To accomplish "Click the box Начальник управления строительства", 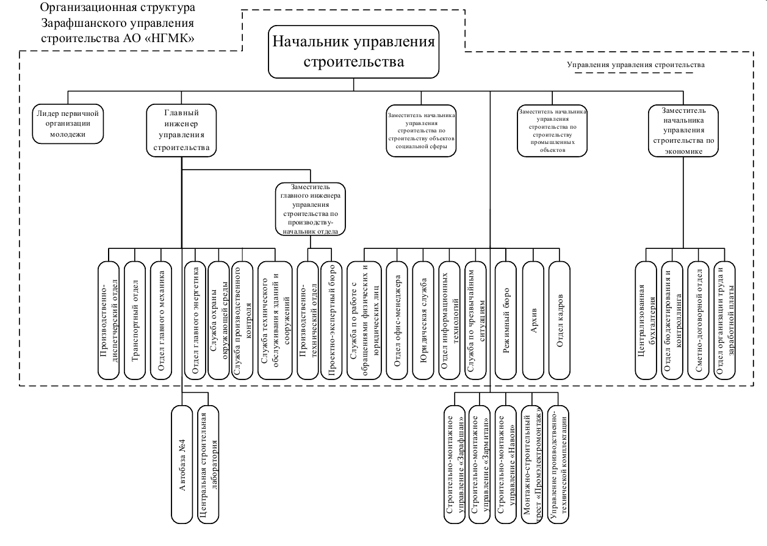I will pyautogui.click(x=354, y=51).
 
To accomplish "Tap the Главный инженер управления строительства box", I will pyautogui.click(x=182, y=129).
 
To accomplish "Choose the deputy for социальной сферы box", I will pyautogui.click(x=421, y=130).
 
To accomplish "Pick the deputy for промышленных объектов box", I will pyautogui.click(x=552, y=131).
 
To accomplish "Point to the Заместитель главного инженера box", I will pyautogui.click(x=311, y=209).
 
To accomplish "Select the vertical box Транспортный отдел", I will pyautogui.click(x=135, y=320).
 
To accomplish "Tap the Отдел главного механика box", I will pyautogui.click(x=162, y=320).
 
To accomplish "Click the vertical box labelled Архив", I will pyautogui.click(x=534, y=320).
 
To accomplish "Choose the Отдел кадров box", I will pyautogui.click(x=561, y=320).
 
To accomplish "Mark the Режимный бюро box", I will pyautogui.click(x=506, y=320).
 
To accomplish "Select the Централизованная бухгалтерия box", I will pyautogui.click(x=646, y=320).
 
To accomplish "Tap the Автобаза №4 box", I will pyautogui.click(x=182, y=462).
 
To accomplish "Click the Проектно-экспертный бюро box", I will pyautogui.click(x=332, y=320).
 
